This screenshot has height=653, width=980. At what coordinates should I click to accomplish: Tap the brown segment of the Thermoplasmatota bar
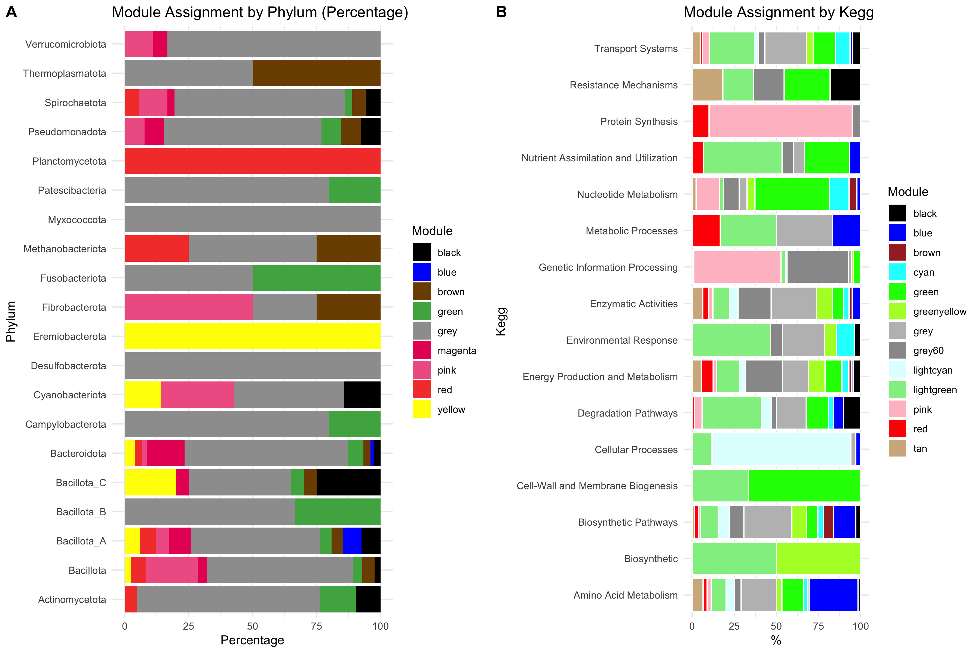pos(316,73)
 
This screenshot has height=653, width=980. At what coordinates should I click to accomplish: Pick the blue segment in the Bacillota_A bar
pos(352,541)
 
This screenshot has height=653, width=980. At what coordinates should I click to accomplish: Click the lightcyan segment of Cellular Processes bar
pos(781,449)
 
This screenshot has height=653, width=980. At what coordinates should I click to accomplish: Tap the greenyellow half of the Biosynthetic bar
pos(818,559)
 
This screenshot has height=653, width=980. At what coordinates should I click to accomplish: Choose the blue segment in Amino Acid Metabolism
pos(833,595)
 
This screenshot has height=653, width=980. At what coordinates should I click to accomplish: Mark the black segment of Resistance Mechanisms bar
pos(845,85)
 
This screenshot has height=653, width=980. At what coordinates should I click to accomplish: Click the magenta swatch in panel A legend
pos(422,350)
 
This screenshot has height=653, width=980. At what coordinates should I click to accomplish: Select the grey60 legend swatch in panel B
pos(897,350)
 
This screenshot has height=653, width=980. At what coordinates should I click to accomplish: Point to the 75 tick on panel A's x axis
pos(316,626)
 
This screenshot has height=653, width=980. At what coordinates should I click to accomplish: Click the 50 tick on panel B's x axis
pos(776,626)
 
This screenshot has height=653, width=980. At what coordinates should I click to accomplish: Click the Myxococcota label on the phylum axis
pos(77,220)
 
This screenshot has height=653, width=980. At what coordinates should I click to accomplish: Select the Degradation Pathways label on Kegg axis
pos(627,413)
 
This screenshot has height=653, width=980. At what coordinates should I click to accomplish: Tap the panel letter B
pos(501,12)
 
